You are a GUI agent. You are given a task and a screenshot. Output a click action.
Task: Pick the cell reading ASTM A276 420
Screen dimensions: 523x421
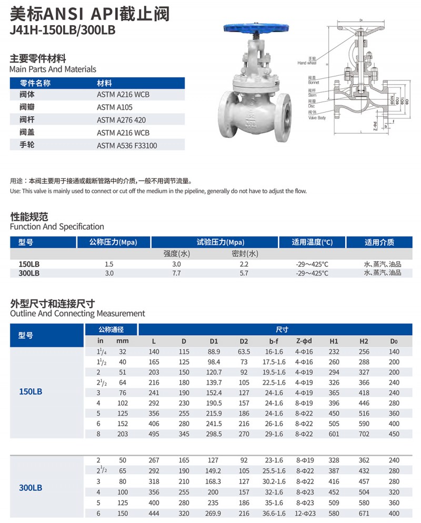[119, 120]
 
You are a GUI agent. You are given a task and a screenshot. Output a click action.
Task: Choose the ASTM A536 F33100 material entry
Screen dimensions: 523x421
[126, 146]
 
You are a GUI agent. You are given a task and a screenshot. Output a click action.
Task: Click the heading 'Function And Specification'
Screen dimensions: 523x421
[57, 227]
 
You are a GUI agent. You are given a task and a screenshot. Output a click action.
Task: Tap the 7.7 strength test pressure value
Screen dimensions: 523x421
[176, 274]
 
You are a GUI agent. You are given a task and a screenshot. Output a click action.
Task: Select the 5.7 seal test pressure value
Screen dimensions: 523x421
[244, 274]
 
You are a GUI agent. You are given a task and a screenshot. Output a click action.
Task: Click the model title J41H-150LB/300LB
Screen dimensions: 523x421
[62, 30]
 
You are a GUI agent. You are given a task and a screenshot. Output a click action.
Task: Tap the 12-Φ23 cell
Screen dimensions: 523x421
[304, 514]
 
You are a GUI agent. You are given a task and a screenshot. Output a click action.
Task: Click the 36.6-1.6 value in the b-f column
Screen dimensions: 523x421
[274, 514]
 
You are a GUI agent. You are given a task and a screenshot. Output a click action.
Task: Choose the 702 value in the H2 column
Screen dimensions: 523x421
[364, 434]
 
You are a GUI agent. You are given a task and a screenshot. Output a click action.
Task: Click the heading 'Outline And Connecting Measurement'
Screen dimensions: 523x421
[77, 314]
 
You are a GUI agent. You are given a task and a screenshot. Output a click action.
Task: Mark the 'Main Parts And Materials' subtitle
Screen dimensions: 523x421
[53, 69]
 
